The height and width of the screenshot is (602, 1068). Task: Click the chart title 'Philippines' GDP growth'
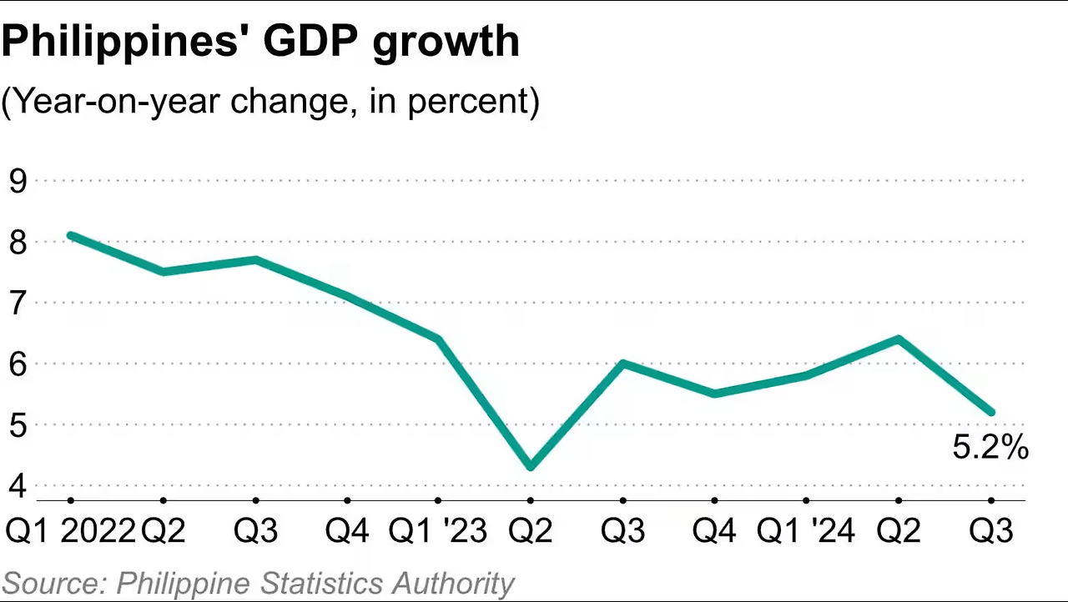[x=260, y=42]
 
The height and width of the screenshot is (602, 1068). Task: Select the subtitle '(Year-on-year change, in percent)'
[x=270, y=101]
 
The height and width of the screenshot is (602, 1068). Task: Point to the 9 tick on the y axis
[x=18, y=181]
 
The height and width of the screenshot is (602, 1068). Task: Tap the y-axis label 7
[x=18, y=303]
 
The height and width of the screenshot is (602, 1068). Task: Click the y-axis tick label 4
[x=18, y=485]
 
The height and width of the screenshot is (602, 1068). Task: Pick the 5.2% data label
[x=990, y=449]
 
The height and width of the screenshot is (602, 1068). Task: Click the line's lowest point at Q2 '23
[x=531, y=467]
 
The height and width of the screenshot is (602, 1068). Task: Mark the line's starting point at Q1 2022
[x=71, y=235]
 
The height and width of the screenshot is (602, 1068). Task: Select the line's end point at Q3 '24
[x=991, y=412]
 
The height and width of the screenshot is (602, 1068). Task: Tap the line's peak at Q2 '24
[x=899, y=339]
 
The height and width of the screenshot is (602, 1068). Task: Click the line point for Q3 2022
[x=255, y=259]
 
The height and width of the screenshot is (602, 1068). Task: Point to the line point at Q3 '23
[x=622, y=364]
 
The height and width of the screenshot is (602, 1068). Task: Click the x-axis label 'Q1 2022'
[x=70, y=530]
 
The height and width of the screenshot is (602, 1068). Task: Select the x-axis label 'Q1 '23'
[x=438, y=530]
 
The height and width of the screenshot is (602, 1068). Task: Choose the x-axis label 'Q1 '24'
[x=805, y=530]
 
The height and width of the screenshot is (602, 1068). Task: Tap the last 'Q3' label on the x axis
[x=991, y=530]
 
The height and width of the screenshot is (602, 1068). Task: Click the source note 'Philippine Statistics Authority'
[x=315, y=583]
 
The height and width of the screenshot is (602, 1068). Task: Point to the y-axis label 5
[x=18, y=424]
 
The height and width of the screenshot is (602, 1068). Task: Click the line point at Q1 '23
[x=439, y=339]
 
